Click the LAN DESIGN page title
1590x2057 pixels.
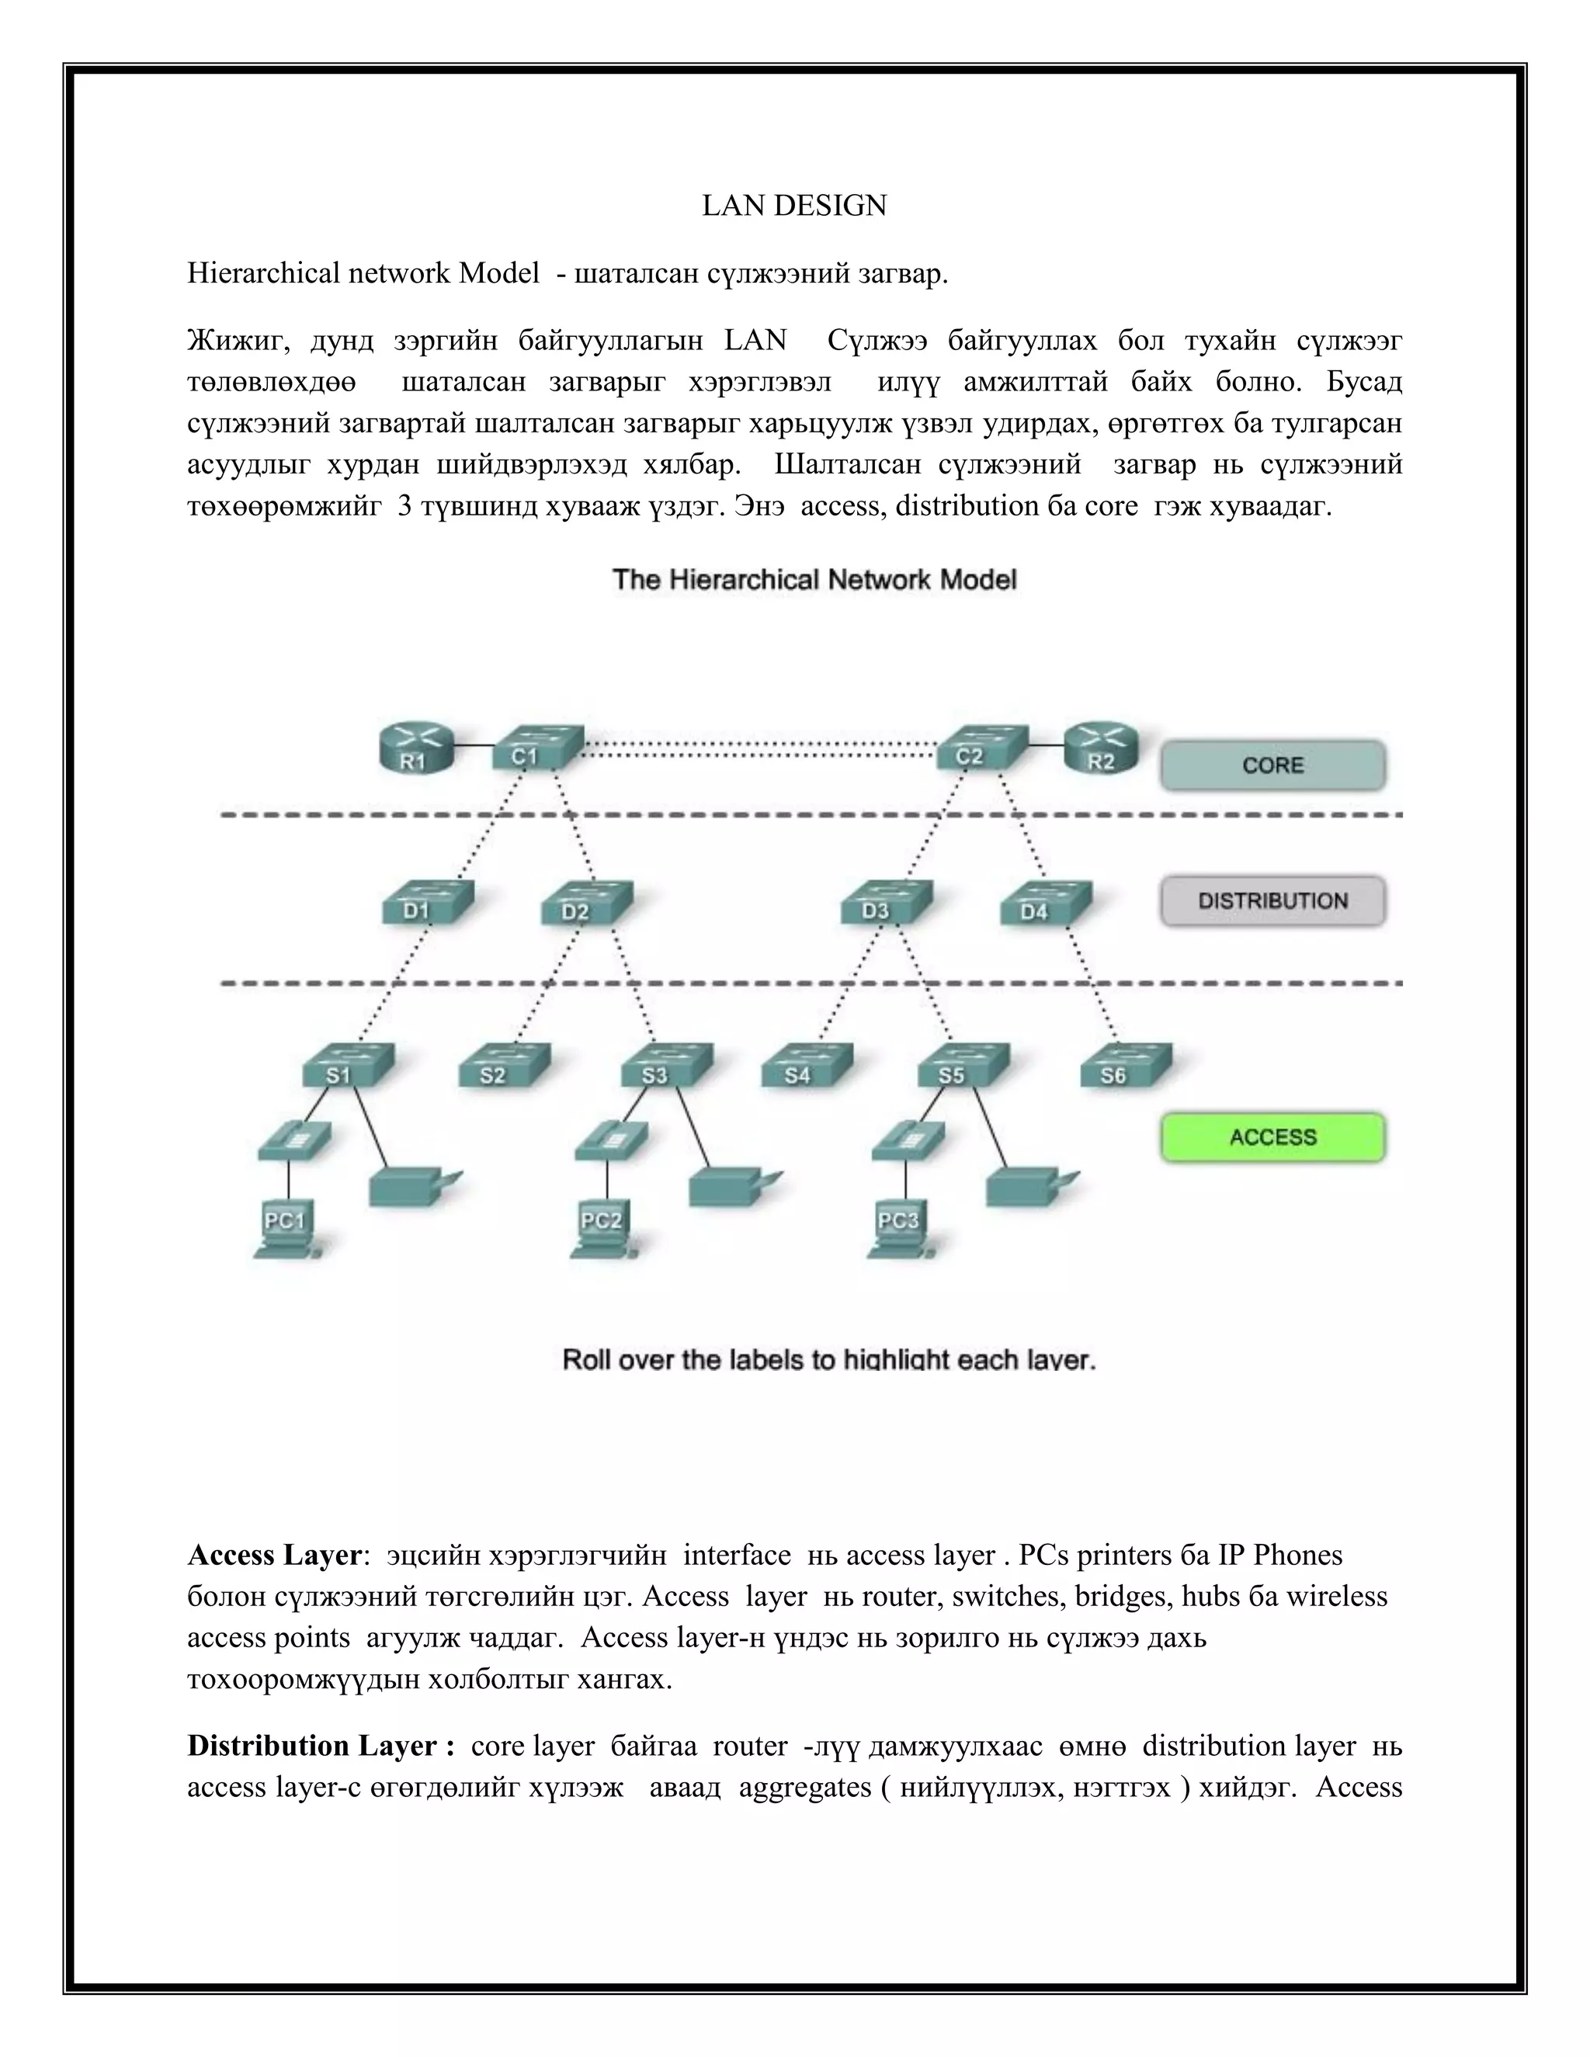794,206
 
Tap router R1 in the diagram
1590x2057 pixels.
415,750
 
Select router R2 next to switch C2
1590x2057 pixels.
1100,750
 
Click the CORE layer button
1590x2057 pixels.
1272,765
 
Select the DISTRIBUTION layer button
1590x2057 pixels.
1272,901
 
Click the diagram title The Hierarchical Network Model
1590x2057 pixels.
814,579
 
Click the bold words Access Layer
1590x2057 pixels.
274,1555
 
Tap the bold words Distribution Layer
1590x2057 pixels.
313,1745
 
